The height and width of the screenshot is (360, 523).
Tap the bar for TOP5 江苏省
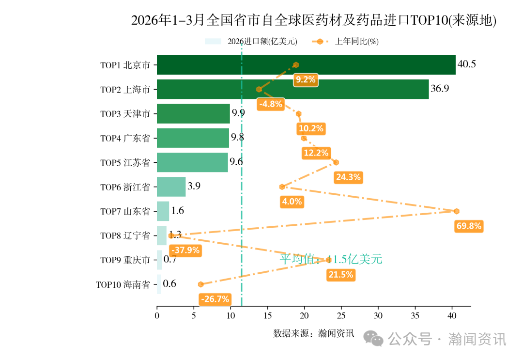pos(192,162)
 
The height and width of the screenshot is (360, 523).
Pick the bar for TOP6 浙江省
pos(171,187)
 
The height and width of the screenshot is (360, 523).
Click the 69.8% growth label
pos(469,226)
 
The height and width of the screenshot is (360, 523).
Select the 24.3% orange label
pos(348,177)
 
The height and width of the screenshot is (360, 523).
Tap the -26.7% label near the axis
pos(215,299)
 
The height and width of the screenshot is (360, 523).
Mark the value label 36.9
pos(440,89)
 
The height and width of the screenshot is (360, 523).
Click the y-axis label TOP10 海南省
pos(123,284)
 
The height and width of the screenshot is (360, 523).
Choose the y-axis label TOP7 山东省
pos(125,211)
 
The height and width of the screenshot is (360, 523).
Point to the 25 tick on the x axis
pos(341,315)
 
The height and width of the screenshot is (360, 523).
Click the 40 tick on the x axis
pos(452,315)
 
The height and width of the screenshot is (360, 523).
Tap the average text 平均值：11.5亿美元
pos(331,259)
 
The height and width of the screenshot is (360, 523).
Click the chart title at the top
pos(314,20)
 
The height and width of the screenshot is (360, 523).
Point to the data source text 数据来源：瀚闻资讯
pos(314,333)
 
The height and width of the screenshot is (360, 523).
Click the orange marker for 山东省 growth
pos(456,211)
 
